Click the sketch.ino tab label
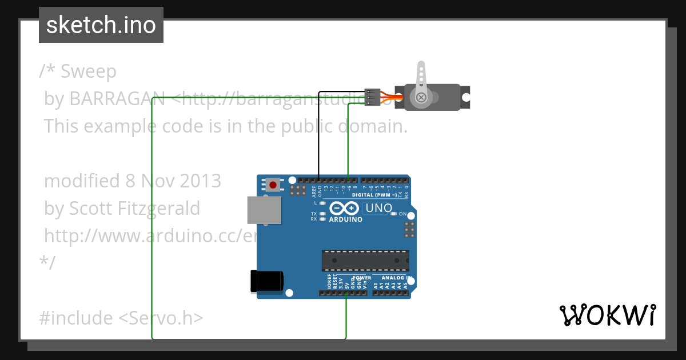pyautogui.click(x=101, y=25)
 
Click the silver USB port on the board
pyautogui.click(x=264, y=210)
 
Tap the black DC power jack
pyautogui.click(x=267, y=281)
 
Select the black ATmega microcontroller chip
pyautogui.click(x=365, y=260)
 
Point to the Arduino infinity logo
pyautogui.click(x=345, y=209)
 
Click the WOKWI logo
pyautogui.click(x=607, y=315)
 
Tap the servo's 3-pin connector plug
pyautogui.click(x=372, y=98)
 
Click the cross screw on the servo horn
pyautogui.click(x=421, y=98)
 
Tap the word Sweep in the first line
pyautogui.click(x=89, y=71)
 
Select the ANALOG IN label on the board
pyautogui.click(x=393, y=278)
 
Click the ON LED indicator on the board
pyautogui.click(x=393, y=214)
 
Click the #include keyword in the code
pyautogui.click(x=77, y=318)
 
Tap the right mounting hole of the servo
pyautogui.click(x=466, y=98)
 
